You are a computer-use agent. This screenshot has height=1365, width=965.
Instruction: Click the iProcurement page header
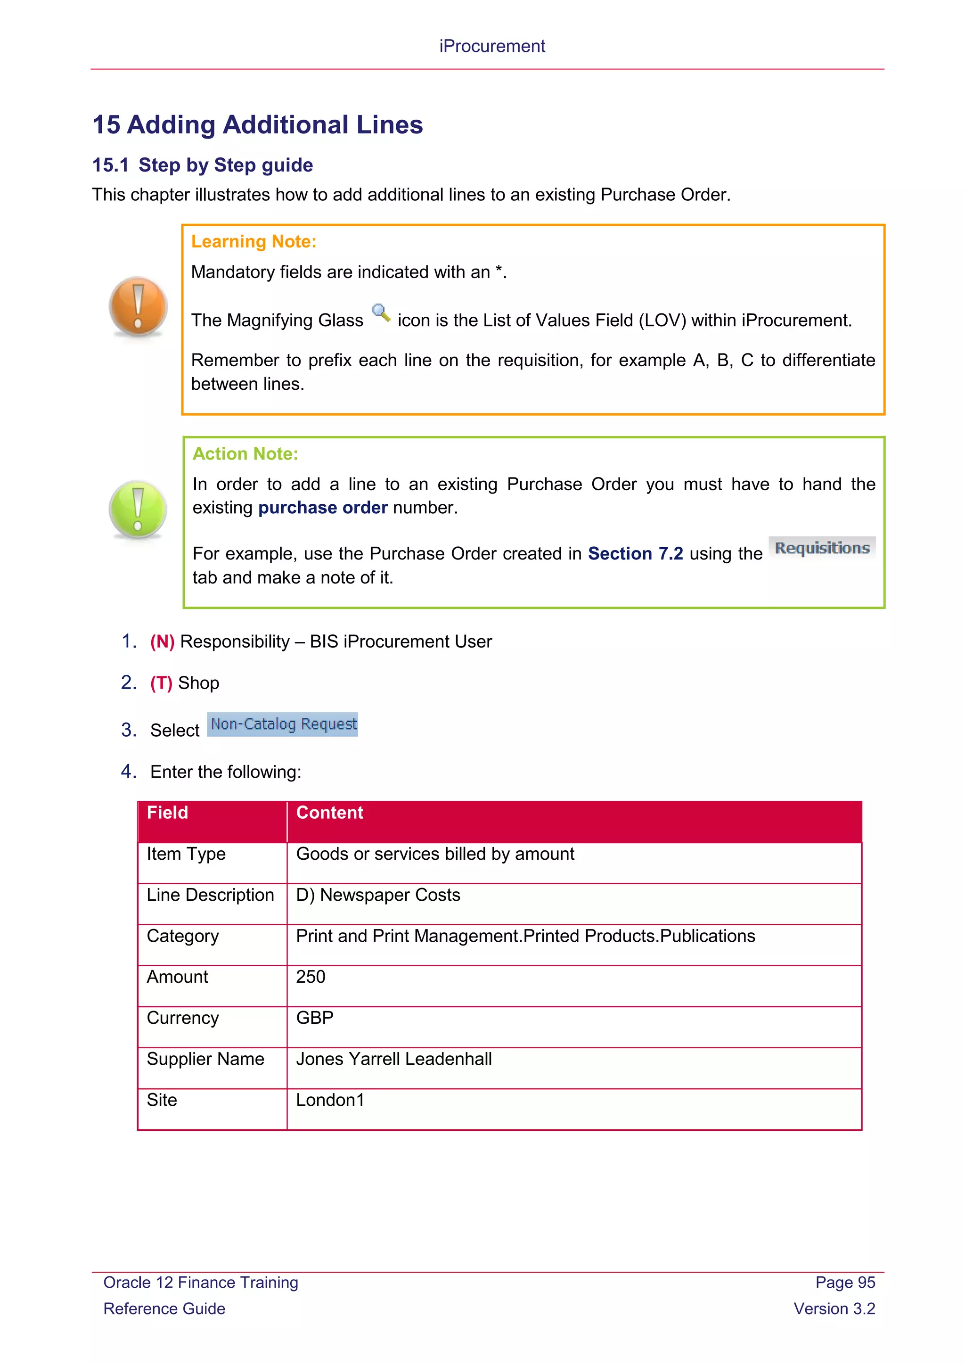pos(491,46)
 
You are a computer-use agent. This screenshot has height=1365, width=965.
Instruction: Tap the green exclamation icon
pos(138,510)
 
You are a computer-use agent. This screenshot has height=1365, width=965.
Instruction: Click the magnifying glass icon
pos(381,312)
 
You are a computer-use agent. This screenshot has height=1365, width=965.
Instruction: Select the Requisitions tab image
pos(822,548)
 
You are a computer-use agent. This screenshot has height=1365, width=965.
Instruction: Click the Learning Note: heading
pos(254,241)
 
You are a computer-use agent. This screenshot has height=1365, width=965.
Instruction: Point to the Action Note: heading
pos(245,453)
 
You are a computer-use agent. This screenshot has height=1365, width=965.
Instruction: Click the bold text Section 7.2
pos(635,553)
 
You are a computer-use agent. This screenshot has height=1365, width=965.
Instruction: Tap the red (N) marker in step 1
pos(162,641)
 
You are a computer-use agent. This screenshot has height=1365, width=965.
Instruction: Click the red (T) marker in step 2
pos(161,683)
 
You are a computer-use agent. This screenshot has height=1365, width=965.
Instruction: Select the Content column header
pos(330,813)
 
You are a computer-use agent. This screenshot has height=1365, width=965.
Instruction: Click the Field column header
pos(168,813)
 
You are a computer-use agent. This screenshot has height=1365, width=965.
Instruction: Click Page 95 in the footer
pos(844,1283)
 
